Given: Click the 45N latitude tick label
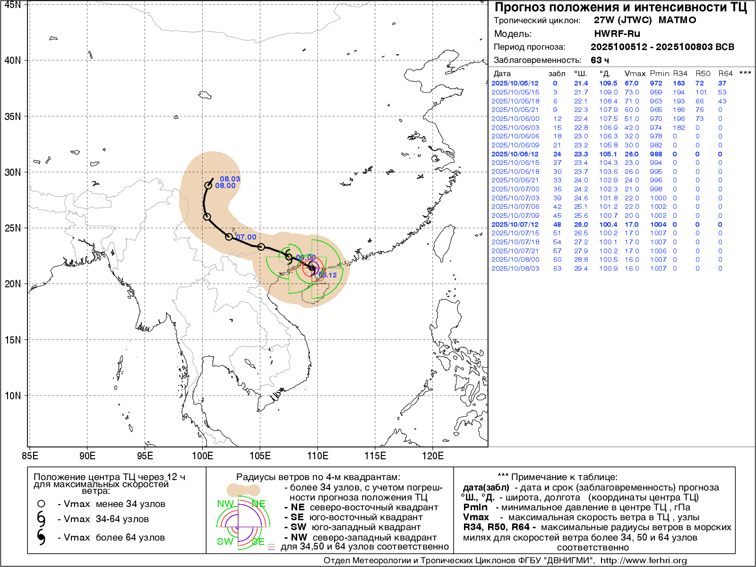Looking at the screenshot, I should click(x=12, y=5).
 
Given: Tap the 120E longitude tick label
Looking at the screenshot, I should click(x=433, y=456).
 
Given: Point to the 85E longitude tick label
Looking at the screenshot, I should click(x=30, y=456).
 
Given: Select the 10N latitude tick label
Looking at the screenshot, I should click(x=12, y=396).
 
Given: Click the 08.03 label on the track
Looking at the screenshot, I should click(x=230, y=179).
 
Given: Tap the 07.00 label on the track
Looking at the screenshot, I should click(x=246, y=237).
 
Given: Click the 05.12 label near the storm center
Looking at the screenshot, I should click(x=327, y=275).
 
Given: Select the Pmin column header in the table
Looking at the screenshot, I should click(x=659, y=73).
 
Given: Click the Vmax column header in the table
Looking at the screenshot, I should click(x=635, y=73).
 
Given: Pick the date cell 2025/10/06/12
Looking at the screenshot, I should click(x=515, y=154).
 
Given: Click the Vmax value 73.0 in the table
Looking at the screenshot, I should click(x=631, y=92).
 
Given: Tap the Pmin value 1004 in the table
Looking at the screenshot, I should click(x=658, y=224).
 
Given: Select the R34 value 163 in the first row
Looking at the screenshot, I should click(x=679, y=83).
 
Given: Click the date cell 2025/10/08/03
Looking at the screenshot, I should click(x=515, y=268).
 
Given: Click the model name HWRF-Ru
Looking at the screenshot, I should click(x=617, y=34).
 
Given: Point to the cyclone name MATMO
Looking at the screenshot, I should click(x=677, y=20).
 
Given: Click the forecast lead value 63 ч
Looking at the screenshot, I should click(x=600, y=60).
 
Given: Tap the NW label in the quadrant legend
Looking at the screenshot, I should click(x=225, y=504).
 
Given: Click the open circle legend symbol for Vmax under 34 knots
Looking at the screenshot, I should click(x=42, y=504).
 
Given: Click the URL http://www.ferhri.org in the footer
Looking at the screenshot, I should click(x=643, y=560).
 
